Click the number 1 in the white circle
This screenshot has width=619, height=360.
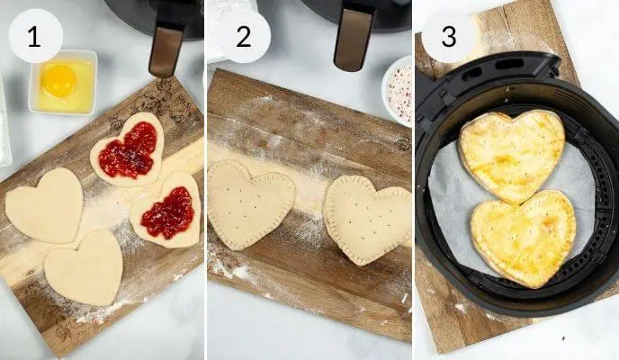pyautogui.click(x=35, y=37)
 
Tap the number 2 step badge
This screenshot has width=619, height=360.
pyautogui.click(x=243, y=37)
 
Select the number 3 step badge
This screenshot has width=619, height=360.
pyautogui.click(x=449, y=37)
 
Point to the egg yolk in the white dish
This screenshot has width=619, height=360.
pyautogui.click(x=59, y=80)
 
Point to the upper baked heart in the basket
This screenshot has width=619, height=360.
pyautogui.click(x=511, y=153)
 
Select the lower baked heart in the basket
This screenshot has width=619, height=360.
pyautogui.click(x=525, y=238)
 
